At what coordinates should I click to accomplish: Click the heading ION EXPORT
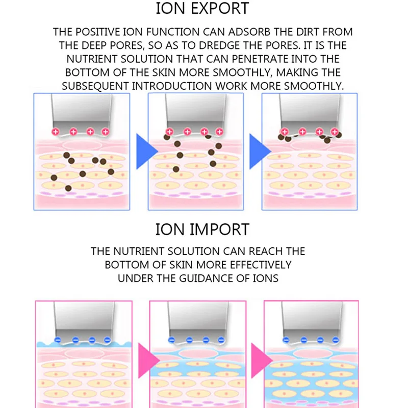pos(203,9)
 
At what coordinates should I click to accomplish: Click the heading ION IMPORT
pos(203,229)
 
